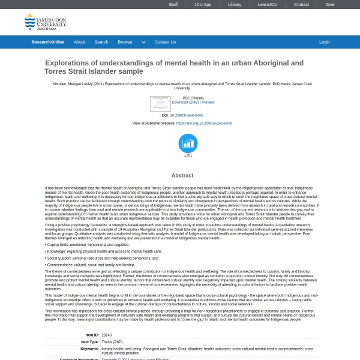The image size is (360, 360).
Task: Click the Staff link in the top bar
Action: tap(173, 4)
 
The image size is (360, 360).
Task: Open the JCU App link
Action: tap(203, 4)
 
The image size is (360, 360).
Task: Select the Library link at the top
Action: tap(235, 4)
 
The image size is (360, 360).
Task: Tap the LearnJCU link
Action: tap(267, 4)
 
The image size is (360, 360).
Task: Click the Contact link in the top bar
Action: tap(301, 4)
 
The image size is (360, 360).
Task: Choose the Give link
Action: tap(330, 4)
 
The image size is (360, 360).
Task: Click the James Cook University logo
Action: tap(46, 23)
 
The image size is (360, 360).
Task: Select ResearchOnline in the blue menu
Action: tap(48, 42)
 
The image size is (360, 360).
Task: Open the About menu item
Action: tap(79, 42)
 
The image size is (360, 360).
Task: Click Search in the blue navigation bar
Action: tap(101, 42)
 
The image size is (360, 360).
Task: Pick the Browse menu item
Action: tap(125, 42)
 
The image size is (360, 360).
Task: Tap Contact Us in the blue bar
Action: tap(165, 42)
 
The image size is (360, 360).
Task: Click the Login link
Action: tap(324, 42)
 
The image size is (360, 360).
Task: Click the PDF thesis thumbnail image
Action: tap(160, 103)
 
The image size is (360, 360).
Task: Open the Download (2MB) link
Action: tap(185, 103)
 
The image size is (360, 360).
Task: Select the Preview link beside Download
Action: tap(208, 103)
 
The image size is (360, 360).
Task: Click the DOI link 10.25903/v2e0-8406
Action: tap(187, 116)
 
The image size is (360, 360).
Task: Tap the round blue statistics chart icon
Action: tap(188, 143)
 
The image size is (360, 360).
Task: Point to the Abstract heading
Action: tap(182, 175)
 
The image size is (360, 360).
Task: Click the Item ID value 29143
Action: tap(107, 335)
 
